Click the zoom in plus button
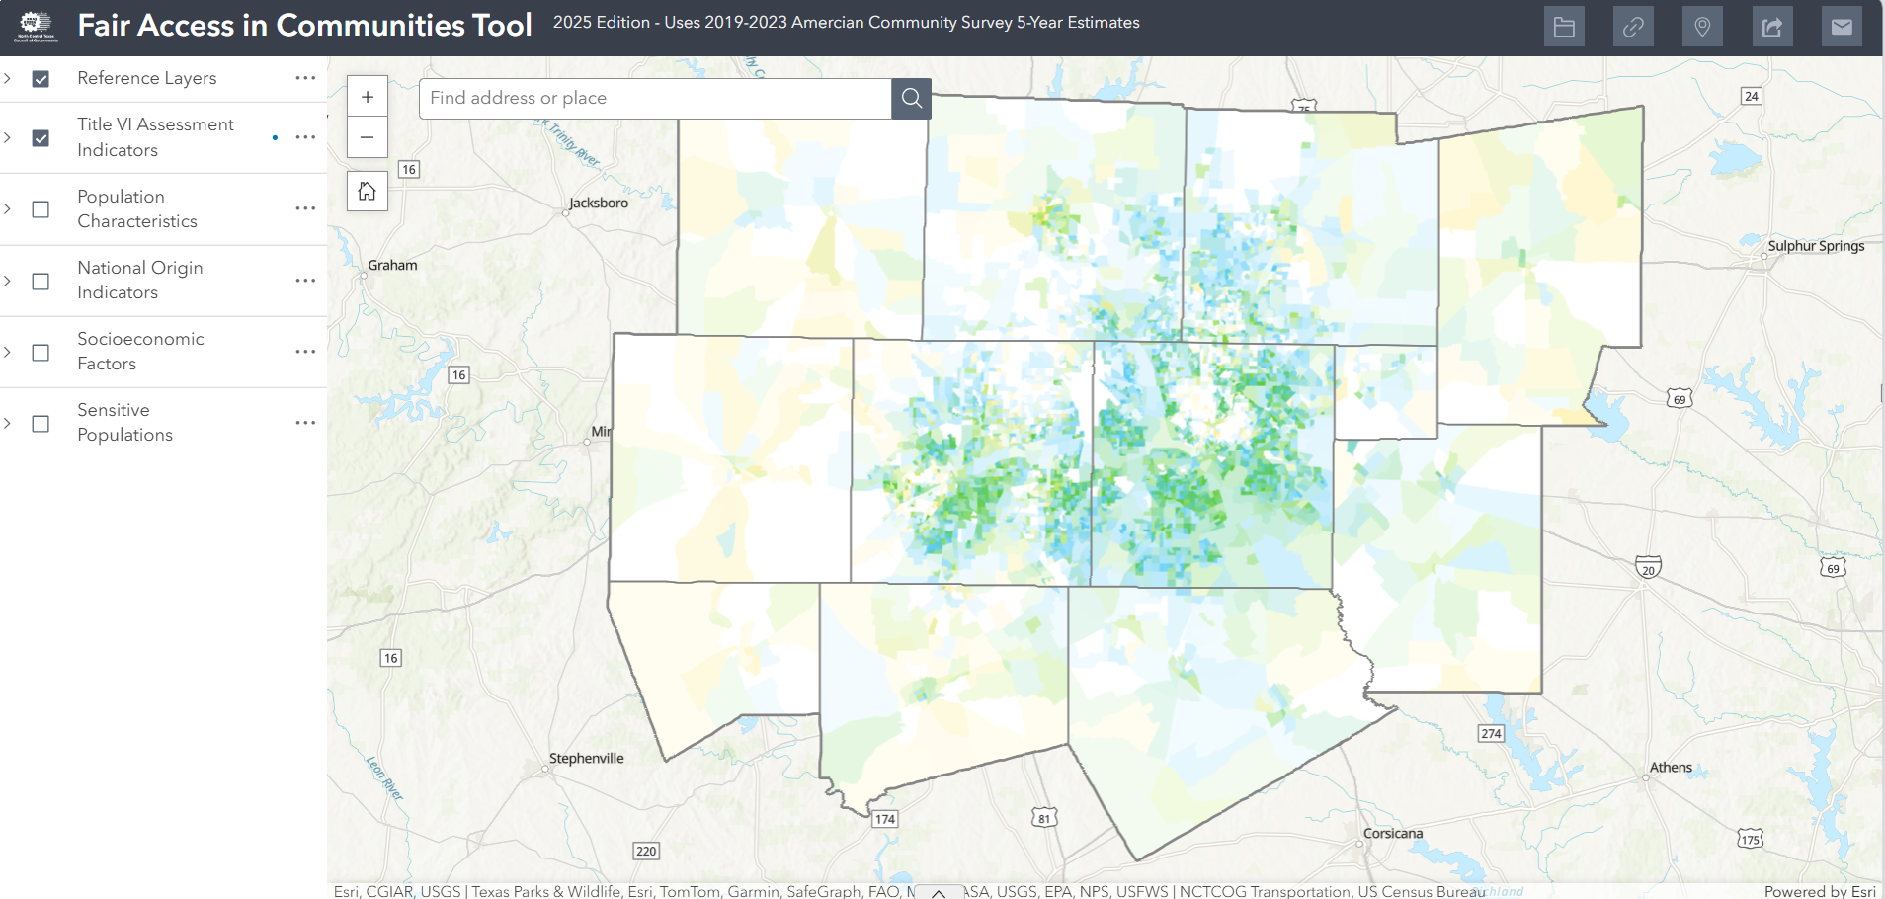(368, 97)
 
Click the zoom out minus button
(368, 137)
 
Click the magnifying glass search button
(911, 98)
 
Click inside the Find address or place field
(654, 98)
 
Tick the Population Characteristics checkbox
(41, 209)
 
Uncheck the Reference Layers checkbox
(41, 79)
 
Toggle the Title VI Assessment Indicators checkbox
(41, 138)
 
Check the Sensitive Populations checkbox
(41, 424)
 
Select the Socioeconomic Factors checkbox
(41, 353)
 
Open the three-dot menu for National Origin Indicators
(305, 281)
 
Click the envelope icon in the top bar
(1842, 27)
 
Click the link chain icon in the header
(1633, 27)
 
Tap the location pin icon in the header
(1702, 27)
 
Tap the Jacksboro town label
(599, 203)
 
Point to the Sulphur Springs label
(1816, 246)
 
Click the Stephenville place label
(587, 758)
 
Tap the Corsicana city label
(1393, 833)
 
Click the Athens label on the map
(1671, 767)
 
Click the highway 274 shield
(1491, 733)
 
